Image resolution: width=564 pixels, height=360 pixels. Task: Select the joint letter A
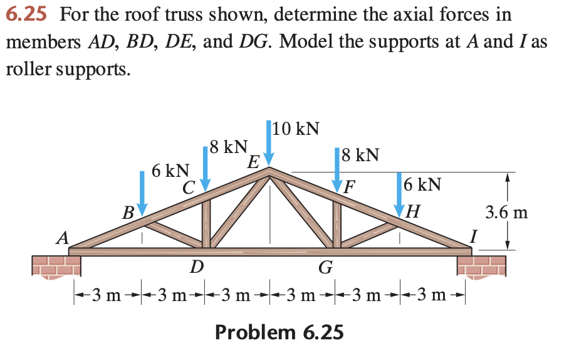[x=62, y=238]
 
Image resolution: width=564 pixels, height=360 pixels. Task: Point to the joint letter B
[x=128, y=213]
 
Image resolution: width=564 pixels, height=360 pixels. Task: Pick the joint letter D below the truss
[x=196, y=268]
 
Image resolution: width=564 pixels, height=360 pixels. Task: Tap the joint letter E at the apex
[x=253, y=162]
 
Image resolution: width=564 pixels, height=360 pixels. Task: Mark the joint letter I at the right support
[x=474, y=236]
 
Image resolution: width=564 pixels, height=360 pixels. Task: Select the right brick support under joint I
[x=481, y=266]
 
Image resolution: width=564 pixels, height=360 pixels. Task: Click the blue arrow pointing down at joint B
[x=143, y=191]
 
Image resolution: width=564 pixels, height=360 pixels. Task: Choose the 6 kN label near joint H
[x=422, y=184]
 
